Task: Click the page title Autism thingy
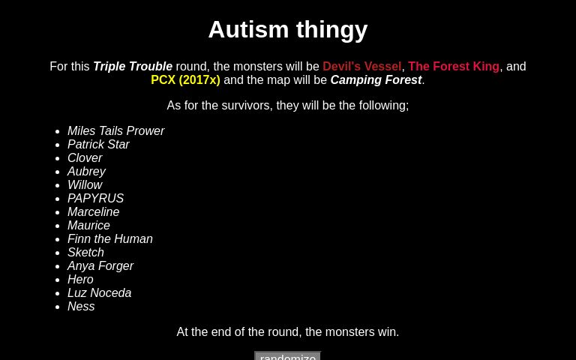coord(287,29)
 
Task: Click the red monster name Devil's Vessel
coord(361,67)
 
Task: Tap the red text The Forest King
coord(454,67)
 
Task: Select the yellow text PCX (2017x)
coord(185,80)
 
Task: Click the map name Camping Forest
coord(376,80)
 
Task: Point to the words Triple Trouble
coord(133,67)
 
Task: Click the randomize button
coord(288,355)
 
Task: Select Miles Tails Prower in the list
coord(115,131)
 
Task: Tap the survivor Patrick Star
coord(98,145)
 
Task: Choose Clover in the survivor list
coord(85,158)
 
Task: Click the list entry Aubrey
coord(86,172)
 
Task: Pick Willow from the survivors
coord(85,185)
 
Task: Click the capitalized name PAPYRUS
coord(95,199)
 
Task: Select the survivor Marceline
coord(93,212)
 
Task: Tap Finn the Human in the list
coord(109,239)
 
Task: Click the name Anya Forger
coord(100,266)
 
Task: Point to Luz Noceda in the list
coord(99,293)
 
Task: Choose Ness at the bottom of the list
coord(81,307)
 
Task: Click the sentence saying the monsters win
coord(288,332)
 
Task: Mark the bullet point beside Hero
coord(58,280)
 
